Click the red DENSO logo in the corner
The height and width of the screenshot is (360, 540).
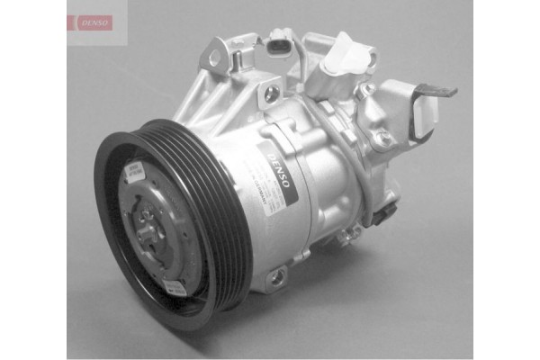coord(91,22)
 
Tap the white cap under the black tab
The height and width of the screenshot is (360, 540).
coord(422,112)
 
